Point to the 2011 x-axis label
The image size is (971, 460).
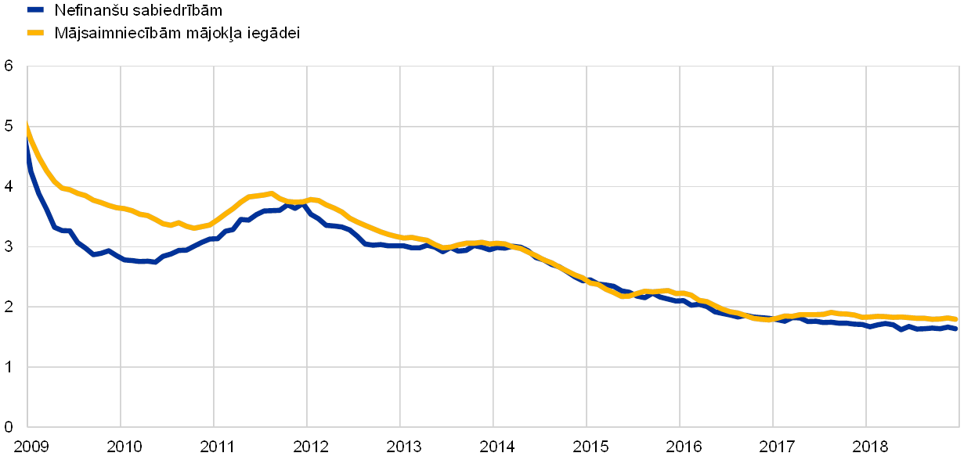point(214,447)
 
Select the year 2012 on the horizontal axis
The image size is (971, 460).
point(307,447)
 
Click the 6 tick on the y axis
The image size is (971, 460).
point(9,66)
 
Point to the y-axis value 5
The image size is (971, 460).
point(9,127)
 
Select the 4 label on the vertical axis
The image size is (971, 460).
point(9,187)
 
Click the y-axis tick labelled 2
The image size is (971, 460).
point(9,307)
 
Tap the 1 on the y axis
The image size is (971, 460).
point(9,367)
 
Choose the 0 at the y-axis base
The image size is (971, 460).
point(9,427)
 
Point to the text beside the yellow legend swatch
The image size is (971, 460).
point(176,34)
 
